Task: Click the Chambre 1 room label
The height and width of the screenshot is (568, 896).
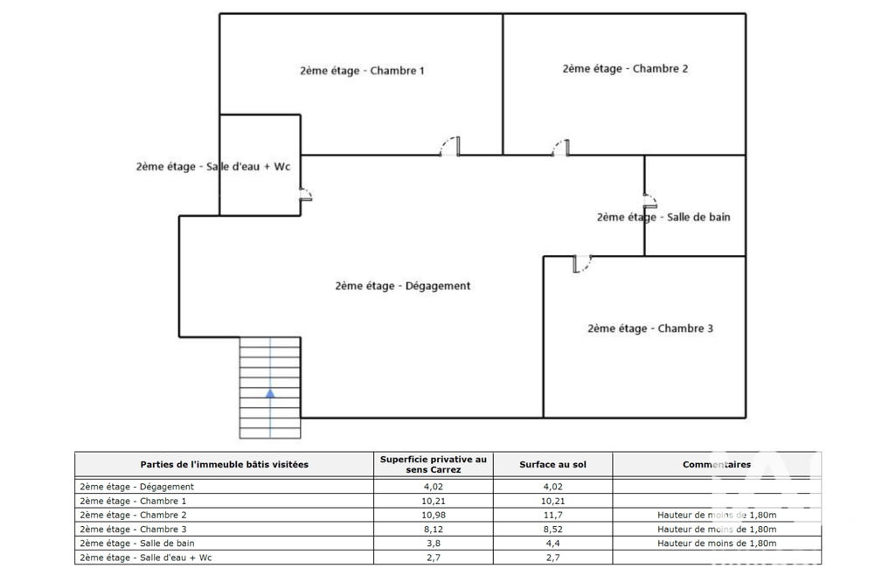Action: (x=362, y=71)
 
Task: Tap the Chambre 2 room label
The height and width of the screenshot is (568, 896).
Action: (x=625, y=68)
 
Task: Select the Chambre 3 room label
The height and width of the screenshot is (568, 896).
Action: (x=650, y=329)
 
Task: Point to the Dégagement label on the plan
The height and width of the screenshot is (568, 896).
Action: (x=403, y=286)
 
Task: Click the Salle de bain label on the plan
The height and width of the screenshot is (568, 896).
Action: (x=663, y=217)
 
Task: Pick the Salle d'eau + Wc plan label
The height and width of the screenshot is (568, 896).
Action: (x=213, y=167)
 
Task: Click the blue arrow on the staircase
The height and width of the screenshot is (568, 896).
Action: (x=270, y=393)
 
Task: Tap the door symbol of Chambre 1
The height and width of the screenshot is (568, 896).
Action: (x=449, y=147)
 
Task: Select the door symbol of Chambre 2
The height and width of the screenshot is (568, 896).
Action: (x=560, y=148)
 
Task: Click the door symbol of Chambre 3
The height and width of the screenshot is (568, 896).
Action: (x=582, y=264)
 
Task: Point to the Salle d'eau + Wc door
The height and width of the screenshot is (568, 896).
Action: (x=306, y=194)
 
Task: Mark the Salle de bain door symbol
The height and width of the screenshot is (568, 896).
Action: (x=650, y=201)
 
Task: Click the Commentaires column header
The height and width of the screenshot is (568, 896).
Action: (x=717, y=465)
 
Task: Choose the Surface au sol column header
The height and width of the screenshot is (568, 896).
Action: (x=552, y=465)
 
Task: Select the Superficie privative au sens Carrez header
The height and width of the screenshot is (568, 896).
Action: (x=434, y=465)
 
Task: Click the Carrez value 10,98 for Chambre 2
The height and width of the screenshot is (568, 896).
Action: (x=434, y=515)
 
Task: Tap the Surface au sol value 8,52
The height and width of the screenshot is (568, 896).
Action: (x=552, y=530)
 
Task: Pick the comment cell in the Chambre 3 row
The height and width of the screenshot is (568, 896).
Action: (x=717, y=530)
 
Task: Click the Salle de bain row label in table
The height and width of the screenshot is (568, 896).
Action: (x=137, y=544)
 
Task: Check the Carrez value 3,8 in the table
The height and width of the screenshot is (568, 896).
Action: (x=434, y=544)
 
